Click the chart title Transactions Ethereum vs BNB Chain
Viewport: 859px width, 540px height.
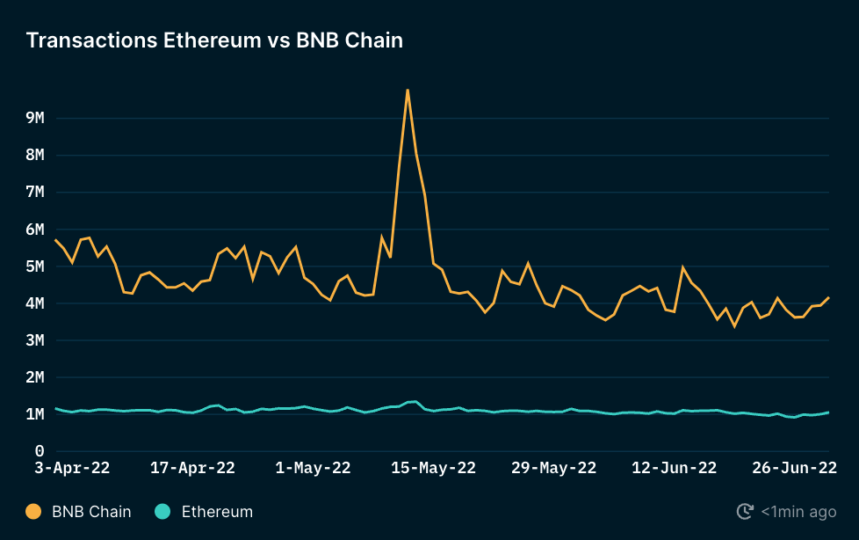click(x=214, y=40)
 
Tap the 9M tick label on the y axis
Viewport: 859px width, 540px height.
click(x=35, y=118)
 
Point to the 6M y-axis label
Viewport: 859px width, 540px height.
click(x=35, y=230)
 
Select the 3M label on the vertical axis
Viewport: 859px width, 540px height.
click(x=35, y=340)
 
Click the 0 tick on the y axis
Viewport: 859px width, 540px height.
click(x=39, y=451)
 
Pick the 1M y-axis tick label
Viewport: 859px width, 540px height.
click(x=35, y=414)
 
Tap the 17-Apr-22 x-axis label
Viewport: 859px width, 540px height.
click(x=192, y=468)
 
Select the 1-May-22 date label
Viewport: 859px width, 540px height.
click(x=313, y=468)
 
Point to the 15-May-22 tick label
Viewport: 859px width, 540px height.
click(x=433, y=468)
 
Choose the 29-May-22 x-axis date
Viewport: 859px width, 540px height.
click(x=553, y=468)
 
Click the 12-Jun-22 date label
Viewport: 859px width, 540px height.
click(x=674, y=468)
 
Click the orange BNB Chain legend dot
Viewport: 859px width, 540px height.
click(x=33, y=511)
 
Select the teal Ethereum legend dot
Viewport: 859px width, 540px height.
click(x=162, y=511)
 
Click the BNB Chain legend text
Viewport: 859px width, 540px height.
click(x=91, y=511)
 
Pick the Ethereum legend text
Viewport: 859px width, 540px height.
click(x=217, y=511)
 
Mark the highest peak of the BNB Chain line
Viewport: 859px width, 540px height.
click(x=408, y=90)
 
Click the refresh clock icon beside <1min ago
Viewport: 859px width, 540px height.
click(x=744, y=511)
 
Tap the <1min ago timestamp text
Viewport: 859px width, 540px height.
click(x=798, y=511)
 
